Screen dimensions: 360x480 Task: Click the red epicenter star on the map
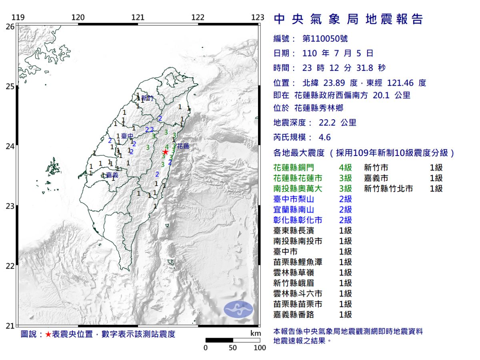(x=165, y=152)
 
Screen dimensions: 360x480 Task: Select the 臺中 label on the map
(x=127, y=136)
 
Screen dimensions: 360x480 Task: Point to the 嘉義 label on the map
(x=112, y=175)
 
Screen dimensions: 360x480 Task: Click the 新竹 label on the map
(x=148, y=98)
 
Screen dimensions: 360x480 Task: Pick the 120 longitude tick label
(x=78, y=17)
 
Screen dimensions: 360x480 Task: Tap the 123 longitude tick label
(x=258, y=17)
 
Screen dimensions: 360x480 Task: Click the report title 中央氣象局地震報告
(x=348, y=19)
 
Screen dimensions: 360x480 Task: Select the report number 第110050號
(x=325, y=39)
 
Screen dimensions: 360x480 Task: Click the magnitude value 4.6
(x=325, y=138)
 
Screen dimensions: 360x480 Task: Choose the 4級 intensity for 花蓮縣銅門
(x=345, y=168)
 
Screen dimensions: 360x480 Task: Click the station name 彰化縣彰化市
(x=298, y=220)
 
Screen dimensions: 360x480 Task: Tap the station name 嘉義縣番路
(x=294, y=315)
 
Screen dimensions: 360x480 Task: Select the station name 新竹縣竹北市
(x=388, y=189)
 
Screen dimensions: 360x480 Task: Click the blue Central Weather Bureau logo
(x=238, y=310)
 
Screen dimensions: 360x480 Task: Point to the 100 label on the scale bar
(x=260, y=348)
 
